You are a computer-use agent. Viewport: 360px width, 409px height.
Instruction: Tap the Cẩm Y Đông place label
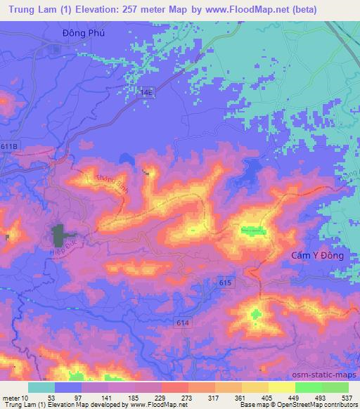tap(317, 256)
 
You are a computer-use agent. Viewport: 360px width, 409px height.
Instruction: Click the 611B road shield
tap(11, 145)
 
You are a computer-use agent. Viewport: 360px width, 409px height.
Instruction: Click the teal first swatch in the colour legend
tap(41, 387)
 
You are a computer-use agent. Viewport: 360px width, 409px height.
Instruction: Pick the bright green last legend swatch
tap(335, 387)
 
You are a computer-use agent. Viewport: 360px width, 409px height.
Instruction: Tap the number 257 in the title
tap(131, 10)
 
